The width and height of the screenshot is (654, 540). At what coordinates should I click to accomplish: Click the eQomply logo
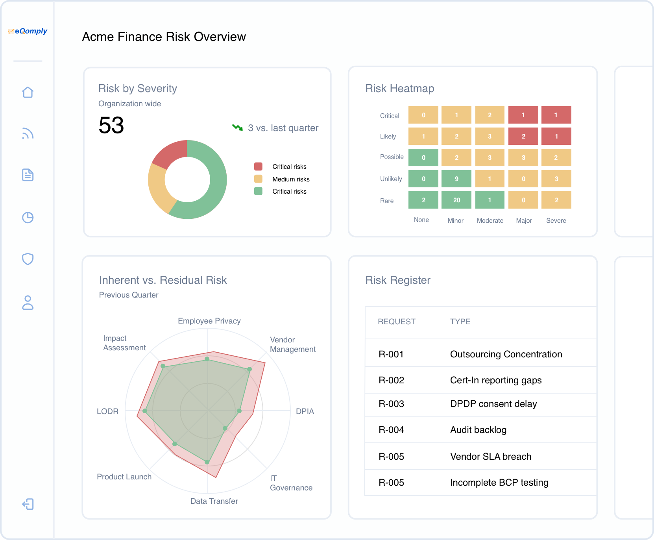coord(28,31)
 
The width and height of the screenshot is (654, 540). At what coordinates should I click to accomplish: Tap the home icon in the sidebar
coord(28,92)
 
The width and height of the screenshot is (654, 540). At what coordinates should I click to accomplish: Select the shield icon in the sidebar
coord(28,259)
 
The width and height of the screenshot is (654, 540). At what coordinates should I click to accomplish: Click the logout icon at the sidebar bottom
coord(28,504)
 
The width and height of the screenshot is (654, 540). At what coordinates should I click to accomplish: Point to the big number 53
coord(111,126)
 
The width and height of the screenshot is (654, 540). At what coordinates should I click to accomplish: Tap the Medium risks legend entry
coord(290,179)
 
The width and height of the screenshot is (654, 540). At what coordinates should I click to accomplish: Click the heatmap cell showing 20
coord(456,200)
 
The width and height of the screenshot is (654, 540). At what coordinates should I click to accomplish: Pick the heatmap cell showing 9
coord(456,179)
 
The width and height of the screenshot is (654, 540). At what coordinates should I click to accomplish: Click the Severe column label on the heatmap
coord(556,221)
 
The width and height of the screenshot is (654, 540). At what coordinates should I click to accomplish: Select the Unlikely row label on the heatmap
coord(391,179)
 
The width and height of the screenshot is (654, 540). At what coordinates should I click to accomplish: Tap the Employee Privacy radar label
coord(209,321)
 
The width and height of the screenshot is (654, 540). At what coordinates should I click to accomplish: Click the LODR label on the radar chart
coord(107,411)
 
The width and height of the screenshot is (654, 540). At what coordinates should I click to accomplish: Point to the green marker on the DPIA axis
coord(239,411)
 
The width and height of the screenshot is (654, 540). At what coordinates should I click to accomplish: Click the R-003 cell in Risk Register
coord(391,404)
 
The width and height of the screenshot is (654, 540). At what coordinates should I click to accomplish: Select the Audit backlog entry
coord(478,430)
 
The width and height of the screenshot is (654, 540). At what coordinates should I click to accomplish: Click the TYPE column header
coord(460,322)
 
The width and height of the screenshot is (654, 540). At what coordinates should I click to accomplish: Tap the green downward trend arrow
coord(237,128)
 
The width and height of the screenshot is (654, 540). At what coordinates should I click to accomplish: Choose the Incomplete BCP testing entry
coord(499,483)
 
